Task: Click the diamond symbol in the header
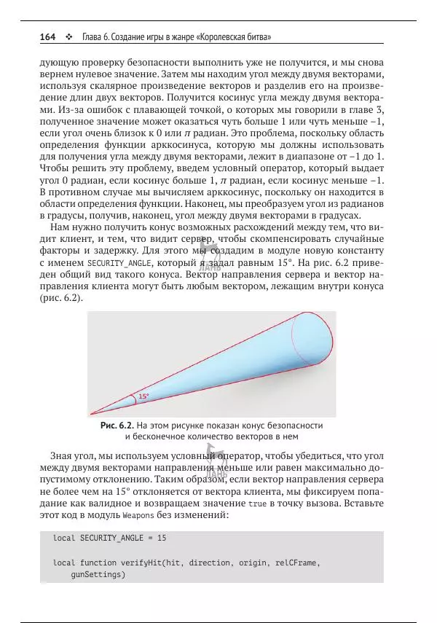[x=68, y=36]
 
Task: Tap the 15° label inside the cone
[x=143, y=396]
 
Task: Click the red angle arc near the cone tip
[x=135, y=399]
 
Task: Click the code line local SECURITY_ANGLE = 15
[x=110, y=538]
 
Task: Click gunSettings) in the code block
[x=98, y=575]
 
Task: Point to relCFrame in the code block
[x=295, y=563]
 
